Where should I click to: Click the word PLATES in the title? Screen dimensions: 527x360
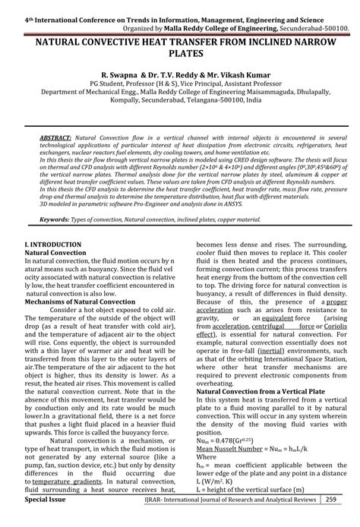[x=180, y=57]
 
